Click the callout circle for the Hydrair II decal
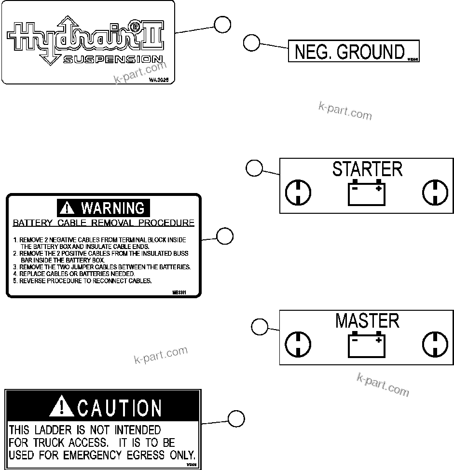point(222,25)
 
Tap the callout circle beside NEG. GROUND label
point(250,42)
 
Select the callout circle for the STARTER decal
point(254,168)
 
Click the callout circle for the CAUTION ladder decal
point(235,419)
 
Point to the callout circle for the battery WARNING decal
point(224,236)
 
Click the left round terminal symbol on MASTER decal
point(298,344)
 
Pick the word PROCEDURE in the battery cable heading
point(167,223)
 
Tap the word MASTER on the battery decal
point(367,321)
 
